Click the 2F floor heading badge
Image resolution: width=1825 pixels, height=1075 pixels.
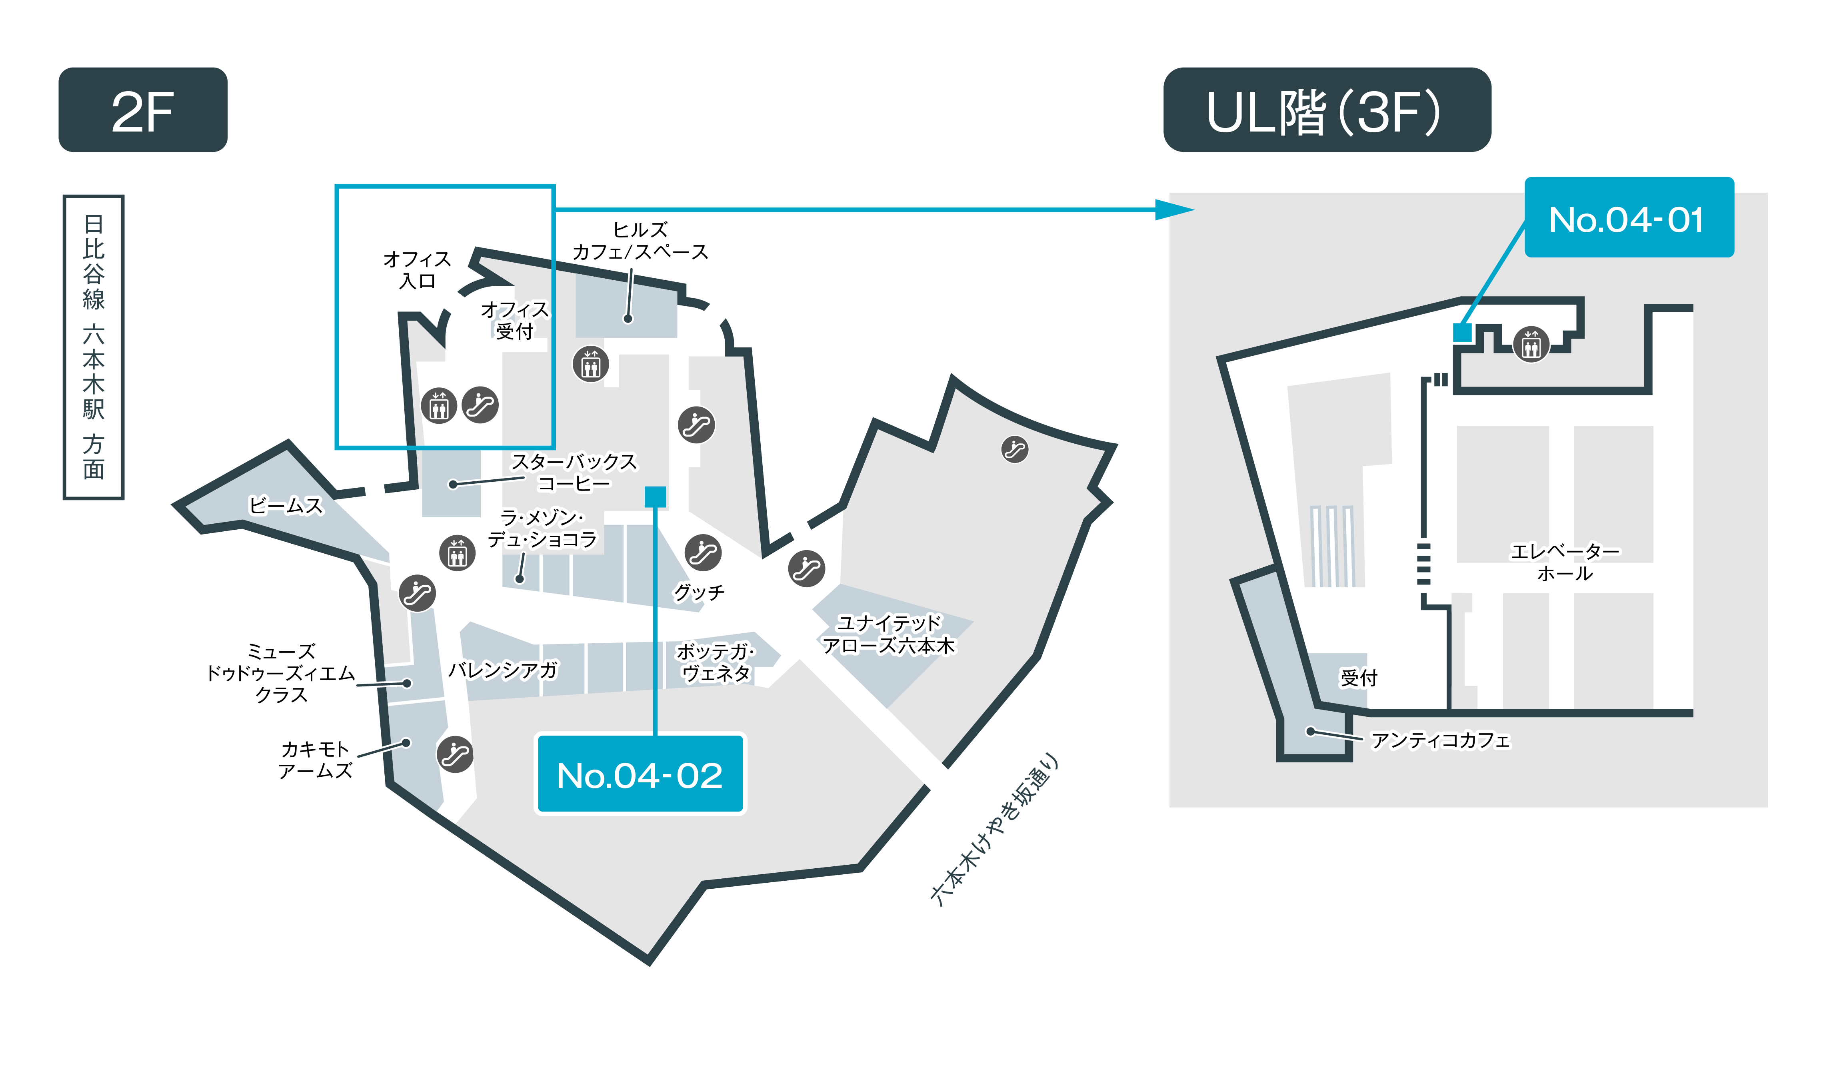pos(143,110)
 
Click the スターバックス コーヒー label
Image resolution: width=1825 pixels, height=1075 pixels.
pos(574,472)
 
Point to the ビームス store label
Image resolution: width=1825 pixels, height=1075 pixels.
pos(286,506)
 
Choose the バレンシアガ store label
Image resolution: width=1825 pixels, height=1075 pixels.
pos(503,670)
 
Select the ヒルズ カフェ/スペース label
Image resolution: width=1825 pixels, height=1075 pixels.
pos(640,241)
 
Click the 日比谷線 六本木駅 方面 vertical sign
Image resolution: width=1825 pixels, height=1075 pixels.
pos(94,347)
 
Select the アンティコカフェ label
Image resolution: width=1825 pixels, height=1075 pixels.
pos(1440,740)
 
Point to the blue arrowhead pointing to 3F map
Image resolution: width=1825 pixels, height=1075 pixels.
pos(1174,210)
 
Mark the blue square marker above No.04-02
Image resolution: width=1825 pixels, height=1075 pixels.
pos(655,497)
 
